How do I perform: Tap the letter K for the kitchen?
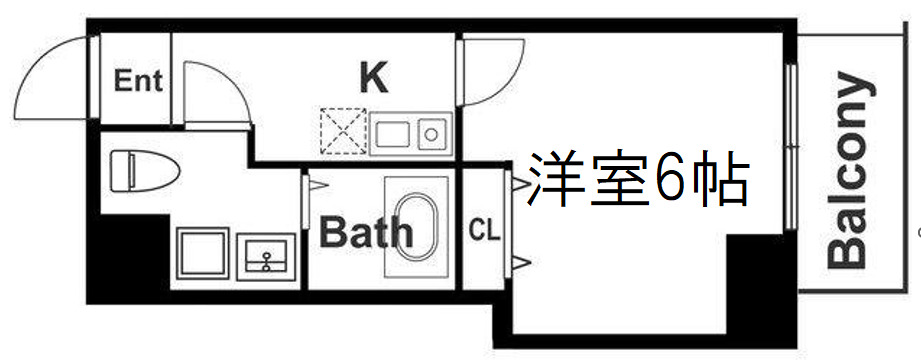373,78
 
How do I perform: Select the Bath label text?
366,233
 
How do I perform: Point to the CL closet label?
484,231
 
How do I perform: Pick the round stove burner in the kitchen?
432,132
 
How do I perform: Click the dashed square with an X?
342,131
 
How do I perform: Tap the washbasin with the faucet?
267,256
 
